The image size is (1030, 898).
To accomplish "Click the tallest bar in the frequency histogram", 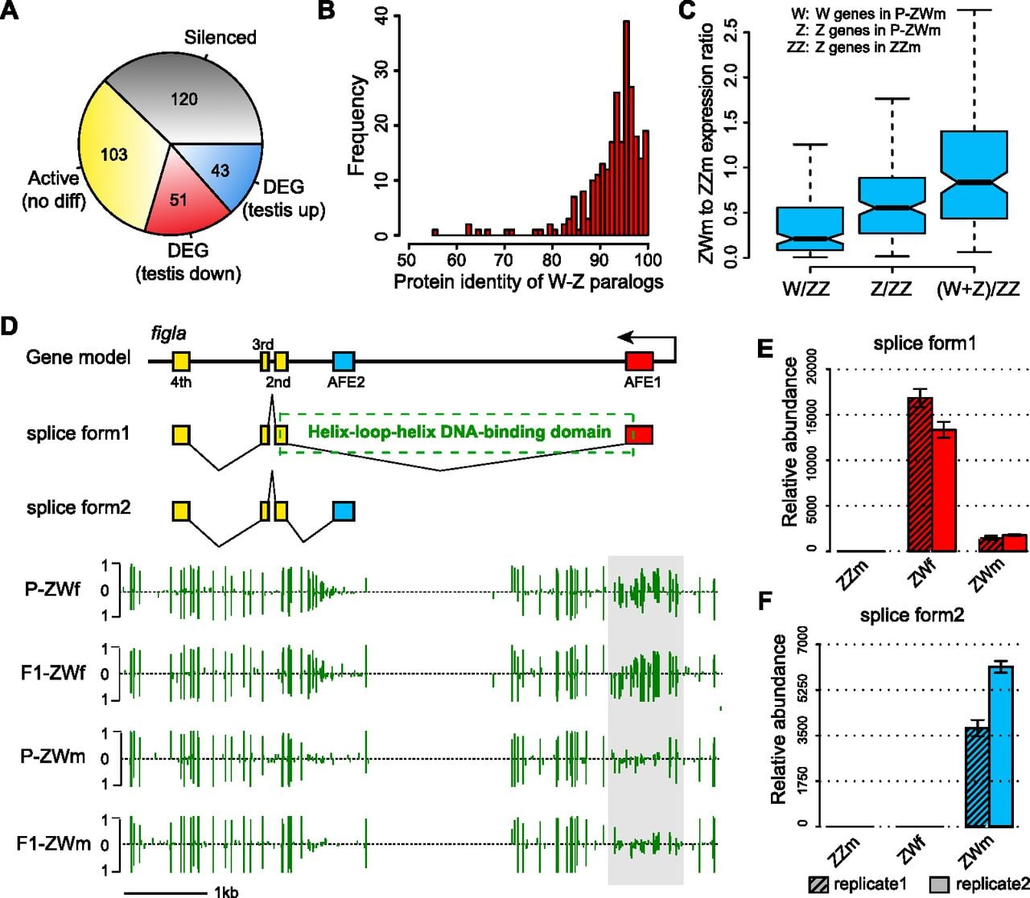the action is (x=626, y=128).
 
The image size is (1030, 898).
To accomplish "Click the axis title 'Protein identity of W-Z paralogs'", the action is (x=528, y=282).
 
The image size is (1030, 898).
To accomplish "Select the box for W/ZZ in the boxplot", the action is (x=810, y=229).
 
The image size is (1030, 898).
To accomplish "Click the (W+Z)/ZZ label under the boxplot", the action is (x=978, y=289).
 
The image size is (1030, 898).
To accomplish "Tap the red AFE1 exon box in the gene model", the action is (x=640, y=361).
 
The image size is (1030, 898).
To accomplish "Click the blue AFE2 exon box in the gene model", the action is (x=344, y=361).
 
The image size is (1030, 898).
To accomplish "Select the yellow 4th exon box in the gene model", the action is (x=181, y=361).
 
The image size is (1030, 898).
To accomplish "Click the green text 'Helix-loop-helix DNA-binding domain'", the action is (x=459, y=432).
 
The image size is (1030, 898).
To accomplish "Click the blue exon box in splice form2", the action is (x=344, y=511).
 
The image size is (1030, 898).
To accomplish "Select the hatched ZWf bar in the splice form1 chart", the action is (x=921, y=474).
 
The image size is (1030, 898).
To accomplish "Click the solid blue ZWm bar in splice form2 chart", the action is (x=1001, y=747).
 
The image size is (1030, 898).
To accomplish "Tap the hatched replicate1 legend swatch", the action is (x=818, y=885).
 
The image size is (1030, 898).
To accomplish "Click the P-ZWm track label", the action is (x=53, y=756).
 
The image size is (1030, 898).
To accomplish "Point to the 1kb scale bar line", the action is (x=166, y=893).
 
